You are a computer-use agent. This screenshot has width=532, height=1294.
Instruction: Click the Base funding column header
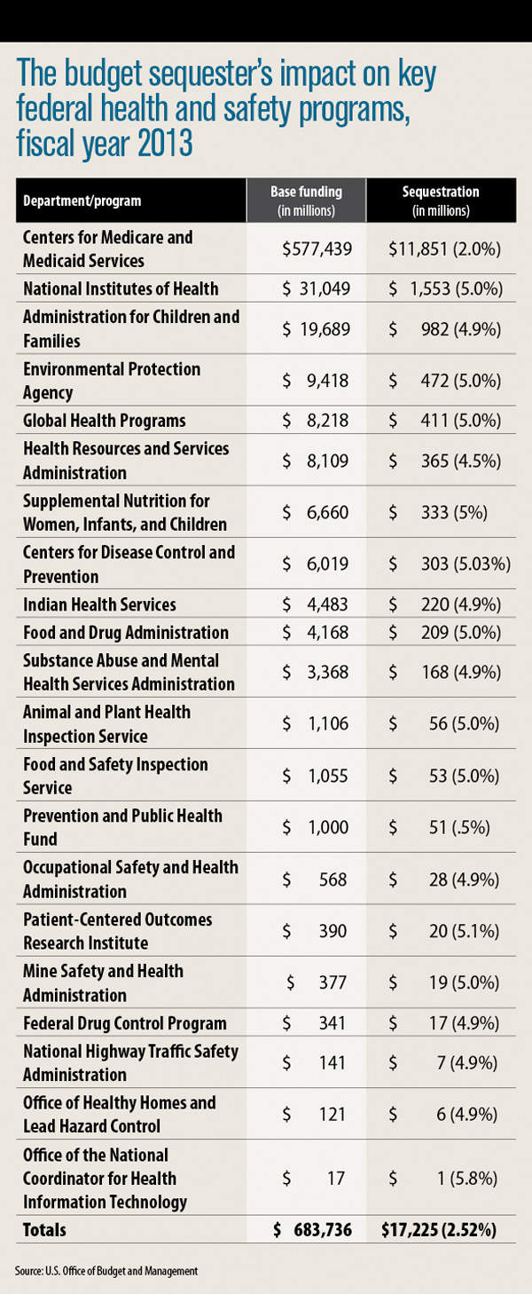pos(306,201)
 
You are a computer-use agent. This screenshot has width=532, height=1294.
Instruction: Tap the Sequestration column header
pos(440,201)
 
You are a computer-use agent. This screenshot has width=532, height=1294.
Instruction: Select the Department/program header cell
pos(82,201)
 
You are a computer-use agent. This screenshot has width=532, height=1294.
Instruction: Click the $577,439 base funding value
pos(317,249)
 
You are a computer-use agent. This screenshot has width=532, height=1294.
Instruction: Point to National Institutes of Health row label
pos(121,288)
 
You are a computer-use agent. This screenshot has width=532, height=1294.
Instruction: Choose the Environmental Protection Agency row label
pos(112,381)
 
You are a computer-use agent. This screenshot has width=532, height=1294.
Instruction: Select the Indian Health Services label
pos(99,604)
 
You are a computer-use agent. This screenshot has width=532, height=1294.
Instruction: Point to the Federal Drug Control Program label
pos(125,1022)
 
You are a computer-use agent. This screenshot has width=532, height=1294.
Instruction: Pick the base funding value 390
pos(332,931)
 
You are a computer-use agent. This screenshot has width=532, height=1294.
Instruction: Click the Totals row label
pos(44,1230)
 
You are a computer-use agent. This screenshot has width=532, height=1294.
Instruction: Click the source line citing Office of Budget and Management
pos(106,1271)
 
